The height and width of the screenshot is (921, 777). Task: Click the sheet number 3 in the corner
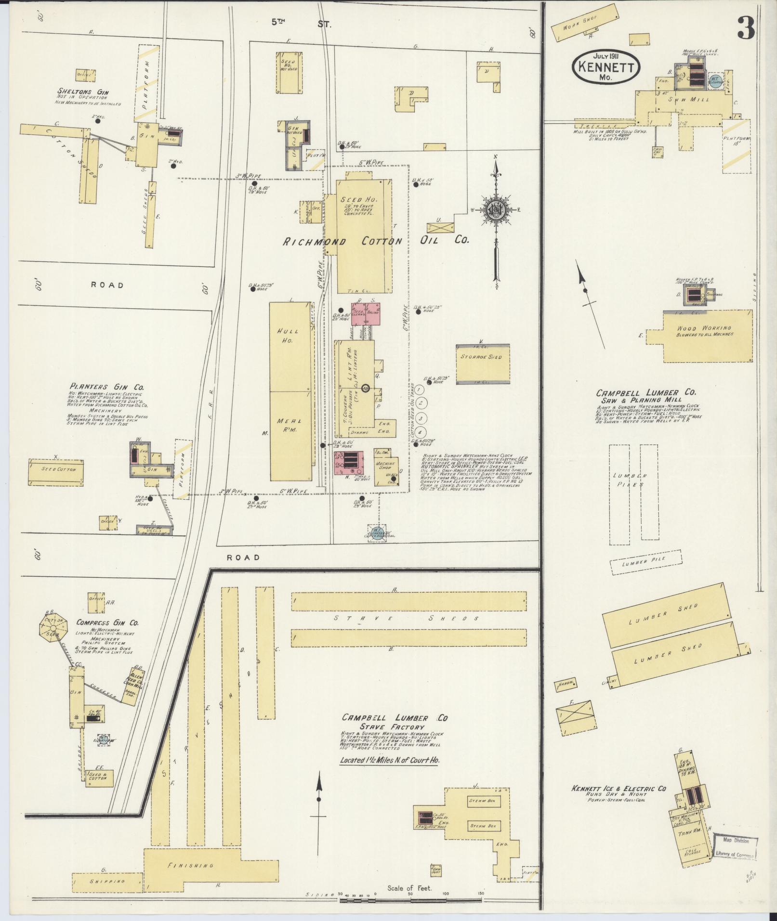click(x=746, y=27)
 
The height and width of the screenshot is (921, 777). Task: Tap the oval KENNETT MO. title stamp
click(x=606, y=68)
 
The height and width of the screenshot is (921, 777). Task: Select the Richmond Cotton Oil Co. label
click(x=375, y=241)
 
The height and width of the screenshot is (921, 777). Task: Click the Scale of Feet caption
click(x=409, y=888)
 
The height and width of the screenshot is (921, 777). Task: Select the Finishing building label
click(x=190, y=865)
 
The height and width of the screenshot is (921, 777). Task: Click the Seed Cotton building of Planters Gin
click(x=56, y=469)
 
